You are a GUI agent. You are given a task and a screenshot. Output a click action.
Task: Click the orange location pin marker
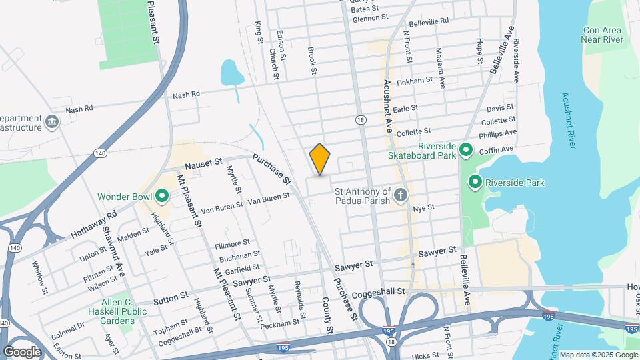(x=320, y=159)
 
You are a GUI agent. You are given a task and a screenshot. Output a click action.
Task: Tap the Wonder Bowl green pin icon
(x=161, y=197)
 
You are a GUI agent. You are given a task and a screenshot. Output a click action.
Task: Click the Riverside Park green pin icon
(x=475, y=181)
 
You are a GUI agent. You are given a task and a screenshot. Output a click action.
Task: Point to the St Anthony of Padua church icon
(x=400, y=195)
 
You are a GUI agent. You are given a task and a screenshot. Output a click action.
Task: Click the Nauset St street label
(x=203, y=163)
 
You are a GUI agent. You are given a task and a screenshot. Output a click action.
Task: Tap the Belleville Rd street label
(x=429, y=22)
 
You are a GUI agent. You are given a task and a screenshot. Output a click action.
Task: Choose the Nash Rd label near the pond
(x=186, y=95)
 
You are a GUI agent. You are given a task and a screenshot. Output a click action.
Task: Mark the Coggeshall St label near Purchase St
(x=383, y=291)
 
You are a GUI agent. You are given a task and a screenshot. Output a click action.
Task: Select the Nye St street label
(x=423, y=208)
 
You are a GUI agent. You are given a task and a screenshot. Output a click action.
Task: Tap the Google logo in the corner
(x=22, y=351)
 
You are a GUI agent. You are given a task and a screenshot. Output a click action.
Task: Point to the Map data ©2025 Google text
(x=598, y=355)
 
